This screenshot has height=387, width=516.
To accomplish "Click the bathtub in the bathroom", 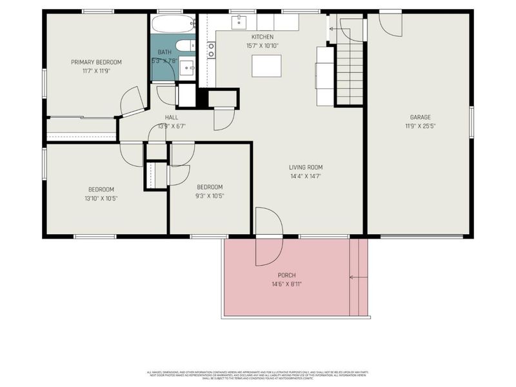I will (x=174, y=25).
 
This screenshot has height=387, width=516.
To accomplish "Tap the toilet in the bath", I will (x=183, y=46).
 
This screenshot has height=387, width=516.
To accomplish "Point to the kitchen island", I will (x=266, y=66).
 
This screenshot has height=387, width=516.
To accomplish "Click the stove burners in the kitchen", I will (x=211, y=50).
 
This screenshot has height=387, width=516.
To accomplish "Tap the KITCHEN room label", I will (x=263, y=37).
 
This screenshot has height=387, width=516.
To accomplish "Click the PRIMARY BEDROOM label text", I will (x=96, y=62).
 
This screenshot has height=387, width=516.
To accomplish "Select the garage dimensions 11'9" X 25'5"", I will (x=420, y=126).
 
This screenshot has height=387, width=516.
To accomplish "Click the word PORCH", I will (x=286, y=275).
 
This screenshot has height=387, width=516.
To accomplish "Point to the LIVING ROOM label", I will (x=305, y=167).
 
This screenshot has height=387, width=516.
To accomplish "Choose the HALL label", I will (x=171, y=117).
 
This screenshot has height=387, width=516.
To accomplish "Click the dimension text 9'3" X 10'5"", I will (x=210, y=195).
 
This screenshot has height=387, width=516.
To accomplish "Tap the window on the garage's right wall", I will (x=471, y=122).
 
